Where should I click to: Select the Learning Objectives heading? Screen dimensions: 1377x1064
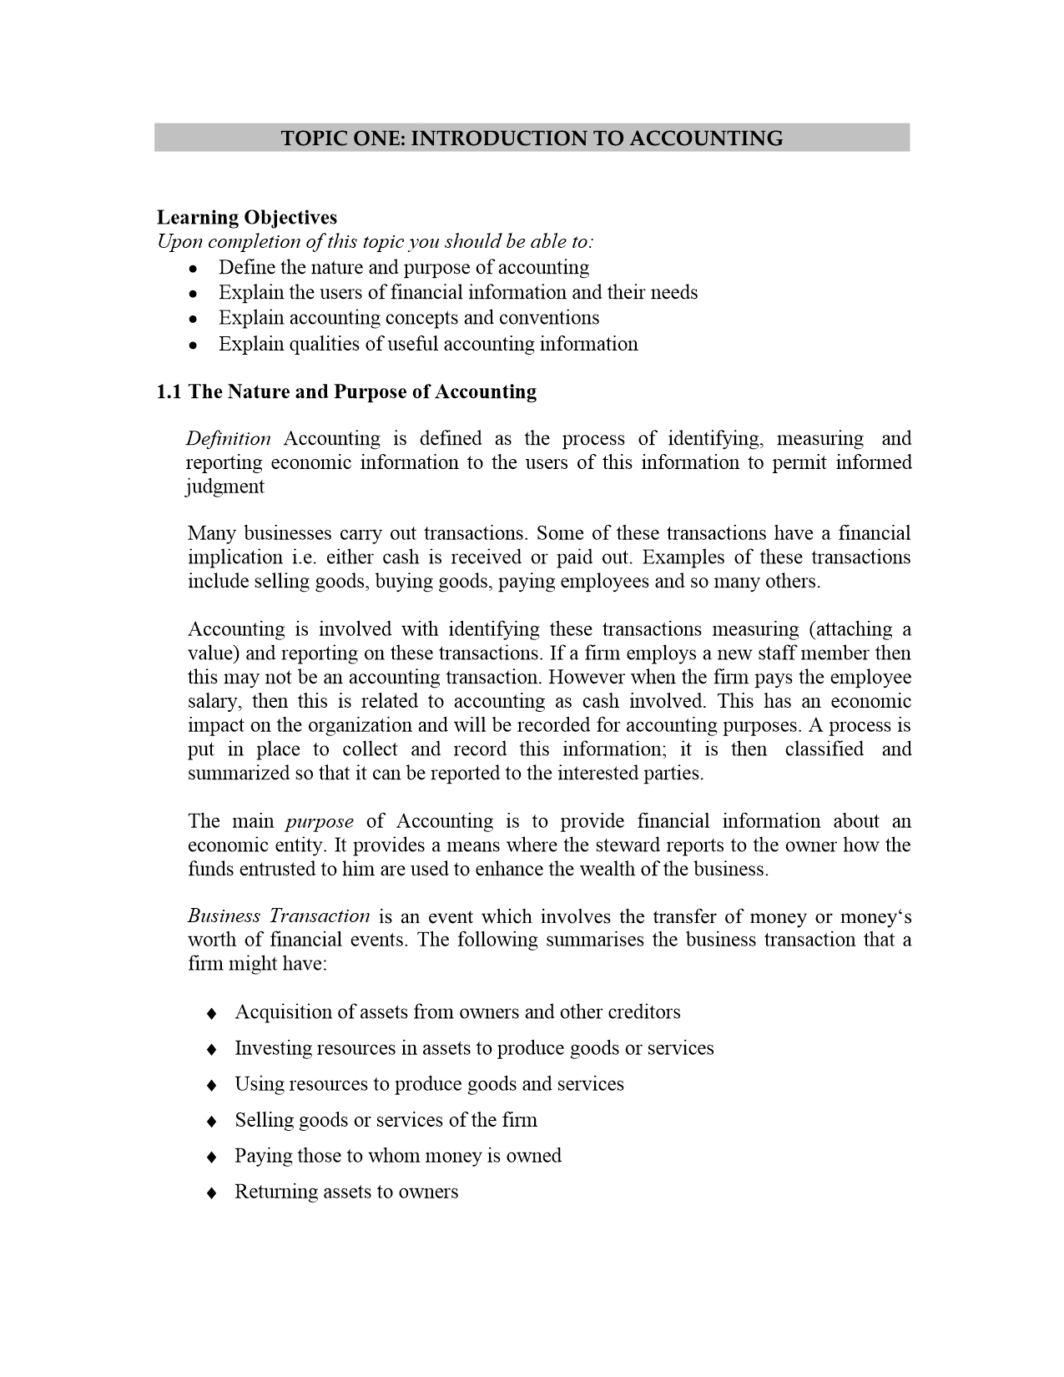(x=247, y=218)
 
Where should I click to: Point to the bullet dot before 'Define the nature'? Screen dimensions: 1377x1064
(x=193, y=269)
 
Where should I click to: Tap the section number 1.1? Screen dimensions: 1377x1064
(x=169, y=392)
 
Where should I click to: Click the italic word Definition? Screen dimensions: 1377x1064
(x=229, y=439)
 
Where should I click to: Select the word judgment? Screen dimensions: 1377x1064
(x=224, y=487)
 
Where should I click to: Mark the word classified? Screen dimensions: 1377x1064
(x=824, y=749)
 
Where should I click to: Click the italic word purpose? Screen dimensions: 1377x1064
(x=320, y=822)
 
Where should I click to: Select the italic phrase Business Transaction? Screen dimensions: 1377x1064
(x=279, y=916)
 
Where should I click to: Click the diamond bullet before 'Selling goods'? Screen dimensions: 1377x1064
(x=212, y=1121)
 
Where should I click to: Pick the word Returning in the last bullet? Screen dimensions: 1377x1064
(x=272, y=1192)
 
